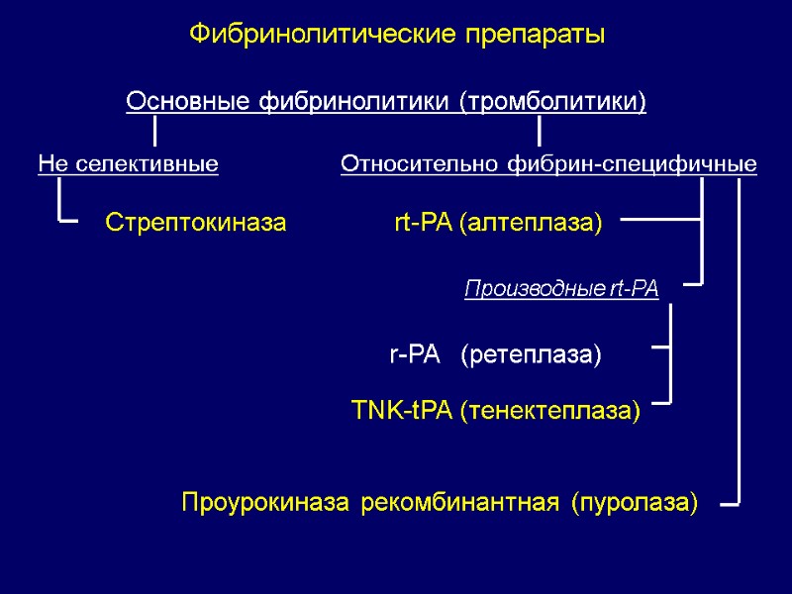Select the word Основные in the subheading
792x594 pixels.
coord(188,101)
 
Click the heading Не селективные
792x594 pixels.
coord(128,163)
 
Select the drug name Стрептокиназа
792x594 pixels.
coord(196,223)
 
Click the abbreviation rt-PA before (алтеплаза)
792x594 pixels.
coord(423,223)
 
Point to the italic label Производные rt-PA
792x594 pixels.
coord(561,289)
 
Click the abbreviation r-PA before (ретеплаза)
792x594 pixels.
coord(414,354)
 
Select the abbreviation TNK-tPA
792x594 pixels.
coord(403,410)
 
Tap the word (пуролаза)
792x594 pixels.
coord(635,503)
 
